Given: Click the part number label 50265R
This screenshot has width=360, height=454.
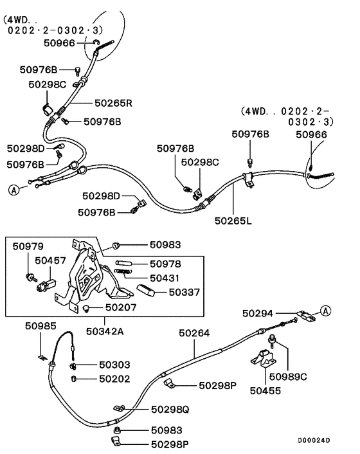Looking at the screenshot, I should [113, 102].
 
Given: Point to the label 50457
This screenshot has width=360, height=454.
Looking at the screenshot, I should [50, 261].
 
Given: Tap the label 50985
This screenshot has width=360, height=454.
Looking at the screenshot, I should [41, 325].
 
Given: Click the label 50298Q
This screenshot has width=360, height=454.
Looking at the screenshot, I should [170, 409].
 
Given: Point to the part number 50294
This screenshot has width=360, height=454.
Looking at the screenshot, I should [258, 313].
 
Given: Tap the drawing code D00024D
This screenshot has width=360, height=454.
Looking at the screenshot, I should [314, 440].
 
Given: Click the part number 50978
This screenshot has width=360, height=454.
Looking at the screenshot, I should [166, 264].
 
